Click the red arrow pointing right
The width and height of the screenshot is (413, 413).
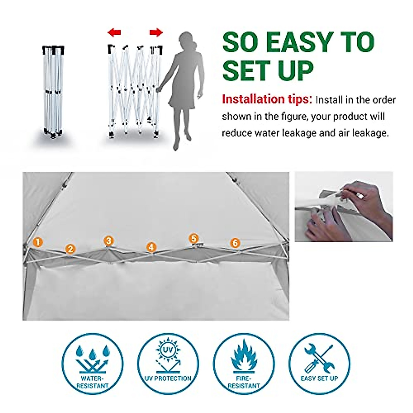pyautogui.click(x=156, y=33)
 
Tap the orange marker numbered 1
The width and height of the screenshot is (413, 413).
pyautogui.click(x=38, y=242)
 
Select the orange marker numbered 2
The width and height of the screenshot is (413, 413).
pyautogui.click(x=70, y=249)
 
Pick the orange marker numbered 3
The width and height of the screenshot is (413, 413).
pyautogui.click(x=108, y=241)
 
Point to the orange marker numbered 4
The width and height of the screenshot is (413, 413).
pyautogui.click(x=151, y=247)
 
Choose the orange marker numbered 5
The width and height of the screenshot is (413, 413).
pyautogui.click(x=194, y=239)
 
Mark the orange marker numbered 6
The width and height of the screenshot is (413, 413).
pyautogui.click(x=235, y=243)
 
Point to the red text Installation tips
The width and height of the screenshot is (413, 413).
pyautogui.click(x=267, y=99)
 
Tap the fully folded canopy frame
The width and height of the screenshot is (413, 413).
pyautogui.click(x=53, y=91)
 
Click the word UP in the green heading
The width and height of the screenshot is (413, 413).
pyautogui.click(x=293, y=71)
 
